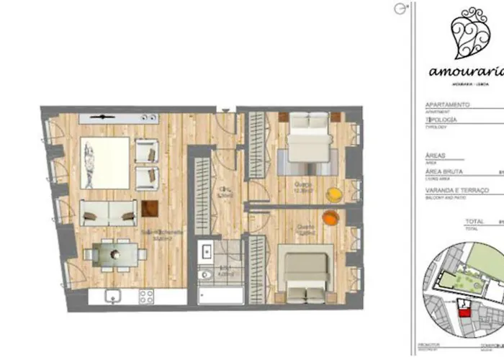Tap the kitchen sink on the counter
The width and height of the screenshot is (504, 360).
tap(112, 295)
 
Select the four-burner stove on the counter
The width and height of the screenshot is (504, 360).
tap(146, 295)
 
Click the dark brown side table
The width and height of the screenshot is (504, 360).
tap(150, 208)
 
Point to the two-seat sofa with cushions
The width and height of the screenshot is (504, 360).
tap(108, 212)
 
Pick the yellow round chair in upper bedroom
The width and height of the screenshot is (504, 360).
tap(333, 194)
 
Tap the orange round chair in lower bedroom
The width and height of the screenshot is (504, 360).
tap(328, 217)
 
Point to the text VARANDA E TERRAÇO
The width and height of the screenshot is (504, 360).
tap(457, 190)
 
